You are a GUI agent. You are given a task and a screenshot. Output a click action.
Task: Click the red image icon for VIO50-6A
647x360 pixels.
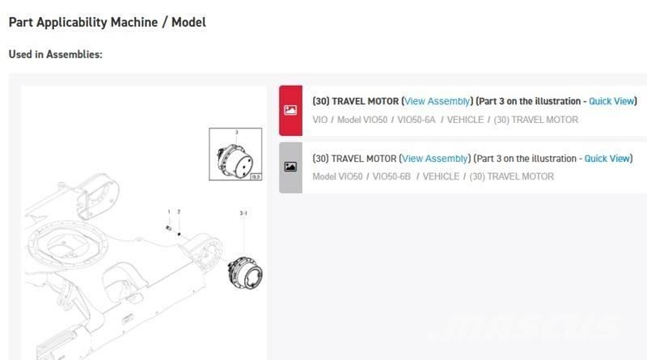(x=290, y=110)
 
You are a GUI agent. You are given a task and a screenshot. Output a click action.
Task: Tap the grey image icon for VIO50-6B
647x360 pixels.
(x=290, y=167)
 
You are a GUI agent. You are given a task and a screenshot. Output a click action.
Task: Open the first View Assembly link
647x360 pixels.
(x=437, y=101)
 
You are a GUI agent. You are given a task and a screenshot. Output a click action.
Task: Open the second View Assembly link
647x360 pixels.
(x=434, y=159)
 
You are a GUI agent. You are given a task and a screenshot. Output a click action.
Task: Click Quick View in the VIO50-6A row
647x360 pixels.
(x=611, y=101)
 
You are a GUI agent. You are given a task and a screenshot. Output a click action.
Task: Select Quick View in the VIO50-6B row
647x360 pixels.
(x=607, y=159)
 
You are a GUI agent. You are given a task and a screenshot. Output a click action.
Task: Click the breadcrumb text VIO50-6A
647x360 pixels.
(x=417, y=120)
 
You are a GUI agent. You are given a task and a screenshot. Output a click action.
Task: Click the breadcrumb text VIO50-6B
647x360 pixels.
(x=391, y=176)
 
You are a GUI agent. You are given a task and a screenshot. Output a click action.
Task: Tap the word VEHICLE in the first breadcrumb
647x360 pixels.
(x=465, y=120)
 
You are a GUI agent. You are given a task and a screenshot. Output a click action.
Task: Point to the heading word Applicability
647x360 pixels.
(x=97, y=23)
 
